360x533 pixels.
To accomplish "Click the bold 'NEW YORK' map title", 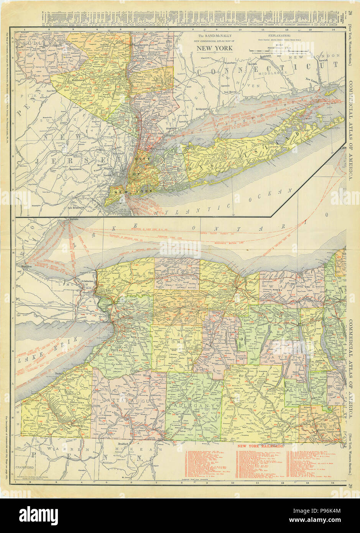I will [x=215, y=48].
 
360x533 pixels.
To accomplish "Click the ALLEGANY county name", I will [x=188, y=405].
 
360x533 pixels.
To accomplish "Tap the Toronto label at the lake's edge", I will [x=73, y=219].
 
